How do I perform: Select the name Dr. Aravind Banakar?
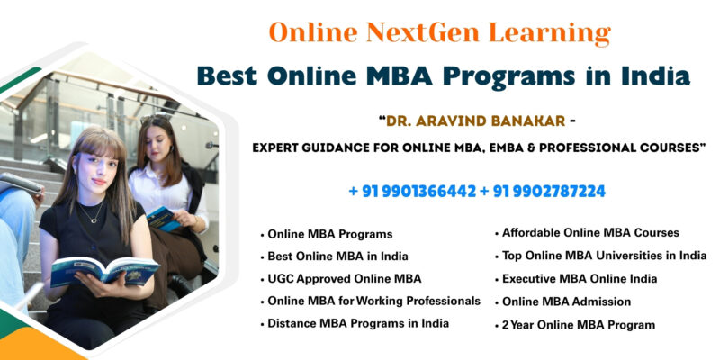476,121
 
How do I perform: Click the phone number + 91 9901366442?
412,192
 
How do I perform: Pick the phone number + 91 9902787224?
543,192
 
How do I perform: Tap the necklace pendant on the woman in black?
94,220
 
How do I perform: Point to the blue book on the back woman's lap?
163,219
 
